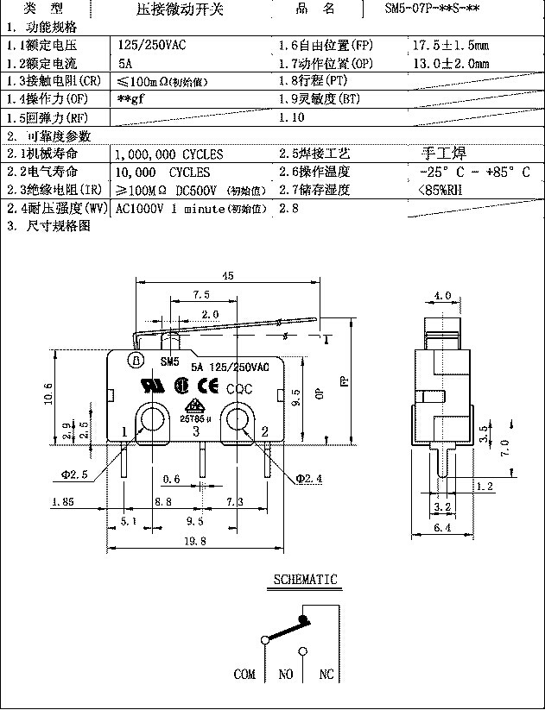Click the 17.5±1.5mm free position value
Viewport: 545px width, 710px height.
pos(451,43)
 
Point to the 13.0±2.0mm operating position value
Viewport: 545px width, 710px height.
pos(451,63)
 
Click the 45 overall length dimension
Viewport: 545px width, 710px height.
pos(228,276)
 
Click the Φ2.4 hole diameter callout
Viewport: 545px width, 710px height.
pos(308,477)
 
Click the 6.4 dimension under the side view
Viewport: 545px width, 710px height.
pos(443,525)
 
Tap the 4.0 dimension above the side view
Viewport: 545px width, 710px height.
pos(443,295)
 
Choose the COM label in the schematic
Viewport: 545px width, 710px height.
pos(244,675)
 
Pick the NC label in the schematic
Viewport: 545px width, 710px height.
pos(326,675)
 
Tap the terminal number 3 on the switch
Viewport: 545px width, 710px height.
pos(196,430)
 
